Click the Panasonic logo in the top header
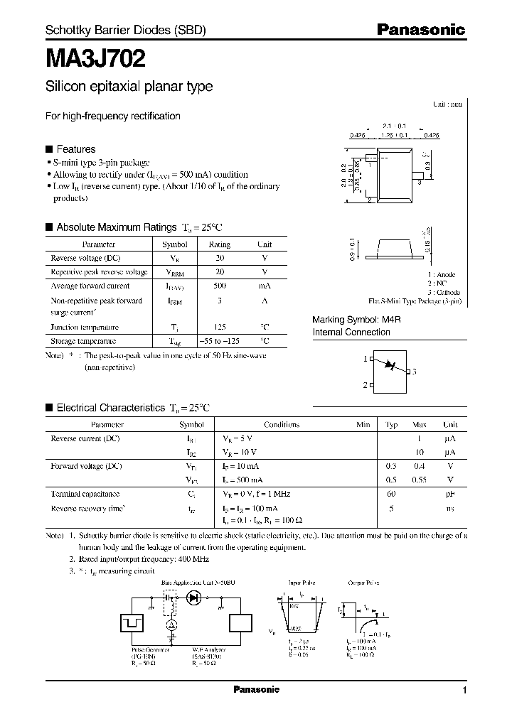[420, 29]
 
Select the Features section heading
[75, 149]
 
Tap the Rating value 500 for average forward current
[219, 286]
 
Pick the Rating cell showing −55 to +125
[219, 341]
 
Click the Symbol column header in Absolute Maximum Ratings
[175, 244]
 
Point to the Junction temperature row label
[84, 328]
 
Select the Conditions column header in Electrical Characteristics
[282, 425]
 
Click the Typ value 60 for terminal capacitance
[391, 494]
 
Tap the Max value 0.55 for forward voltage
[420, 480]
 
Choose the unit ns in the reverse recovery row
[449, 508]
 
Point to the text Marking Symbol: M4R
[357, 320]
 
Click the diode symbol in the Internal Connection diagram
[389, 364]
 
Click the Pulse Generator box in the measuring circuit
[132, 622]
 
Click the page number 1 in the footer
[464, 691]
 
